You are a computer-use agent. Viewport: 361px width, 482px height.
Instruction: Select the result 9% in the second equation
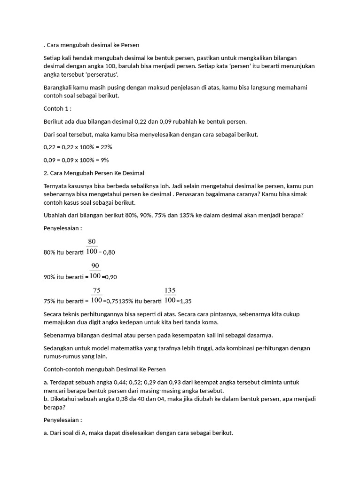(104, 160)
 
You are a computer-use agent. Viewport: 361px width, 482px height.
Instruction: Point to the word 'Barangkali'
(58, 88)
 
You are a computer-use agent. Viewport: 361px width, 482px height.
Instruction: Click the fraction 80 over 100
(92, 247)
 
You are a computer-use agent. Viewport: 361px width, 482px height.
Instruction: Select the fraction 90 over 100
(95, 271)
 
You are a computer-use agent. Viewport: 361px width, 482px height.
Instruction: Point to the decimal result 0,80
(109, 252)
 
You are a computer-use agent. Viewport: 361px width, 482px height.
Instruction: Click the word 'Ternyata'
(55, 186)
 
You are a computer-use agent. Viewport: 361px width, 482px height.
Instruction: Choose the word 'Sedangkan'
(59, 348)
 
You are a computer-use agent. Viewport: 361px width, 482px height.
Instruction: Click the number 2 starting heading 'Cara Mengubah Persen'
(44, 173)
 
